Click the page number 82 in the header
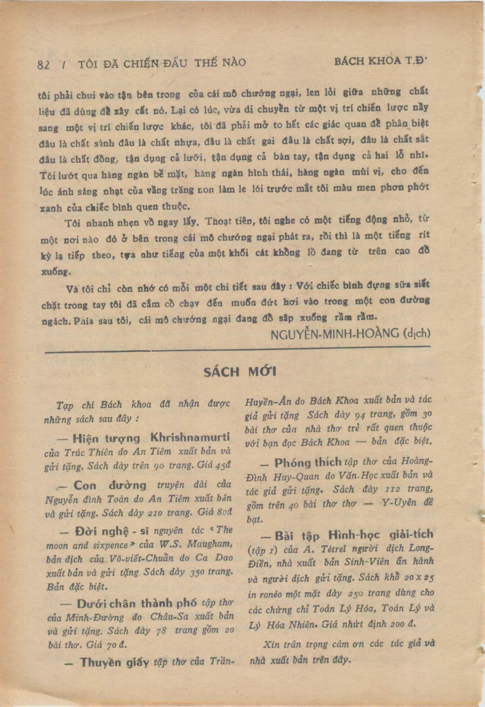click(43, 64)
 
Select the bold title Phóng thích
click(307, 463)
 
